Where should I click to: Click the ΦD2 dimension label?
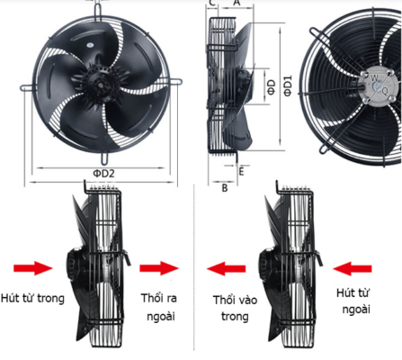click(103, 174)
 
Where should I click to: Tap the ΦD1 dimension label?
click(288, 86)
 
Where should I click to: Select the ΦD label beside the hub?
click(271, 87)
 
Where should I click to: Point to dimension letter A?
click(237, 3)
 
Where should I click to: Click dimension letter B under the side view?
click(225, 188)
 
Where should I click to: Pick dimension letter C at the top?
click(212, 3)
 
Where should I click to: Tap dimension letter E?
click(241, 172)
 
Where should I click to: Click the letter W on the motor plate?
click(375, 78)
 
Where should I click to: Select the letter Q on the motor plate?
click(385, 91)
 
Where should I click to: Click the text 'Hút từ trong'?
click(32, 298)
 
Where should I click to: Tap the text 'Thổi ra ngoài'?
click(159, 307)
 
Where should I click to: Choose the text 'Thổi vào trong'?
click(235, 308)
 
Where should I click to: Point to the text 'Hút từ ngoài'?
click(353, 301)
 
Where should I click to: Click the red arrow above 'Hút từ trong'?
click(33, 268)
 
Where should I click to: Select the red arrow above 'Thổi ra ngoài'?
click(159, 268)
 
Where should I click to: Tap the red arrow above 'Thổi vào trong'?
click(227, 268)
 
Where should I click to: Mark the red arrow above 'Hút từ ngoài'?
click(353, 268)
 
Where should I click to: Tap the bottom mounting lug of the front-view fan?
click(104, 158)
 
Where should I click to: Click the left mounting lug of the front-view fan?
click(28, 88)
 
